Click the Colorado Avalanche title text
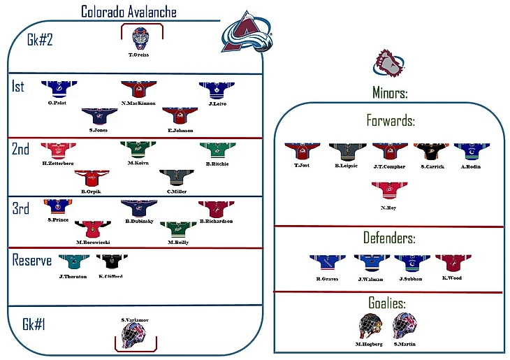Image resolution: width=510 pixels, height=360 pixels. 129,11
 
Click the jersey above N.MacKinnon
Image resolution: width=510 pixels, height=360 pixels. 138,89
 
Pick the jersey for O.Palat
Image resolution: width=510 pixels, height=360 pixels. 59,89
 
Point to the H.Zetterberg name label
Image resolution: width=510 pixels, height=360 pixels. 57,163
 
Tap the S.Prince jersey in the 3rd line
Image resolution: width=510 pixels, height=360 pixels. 59,207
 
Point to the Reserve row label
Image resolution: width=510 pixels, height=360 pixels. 32,260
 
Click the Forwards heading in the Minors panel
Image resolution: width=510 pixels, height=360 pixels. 391,120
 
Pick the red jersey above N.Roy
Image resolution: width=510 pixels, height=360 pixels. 390,189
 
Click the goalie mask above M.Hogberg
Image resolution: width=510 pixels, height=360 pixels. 368,325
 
